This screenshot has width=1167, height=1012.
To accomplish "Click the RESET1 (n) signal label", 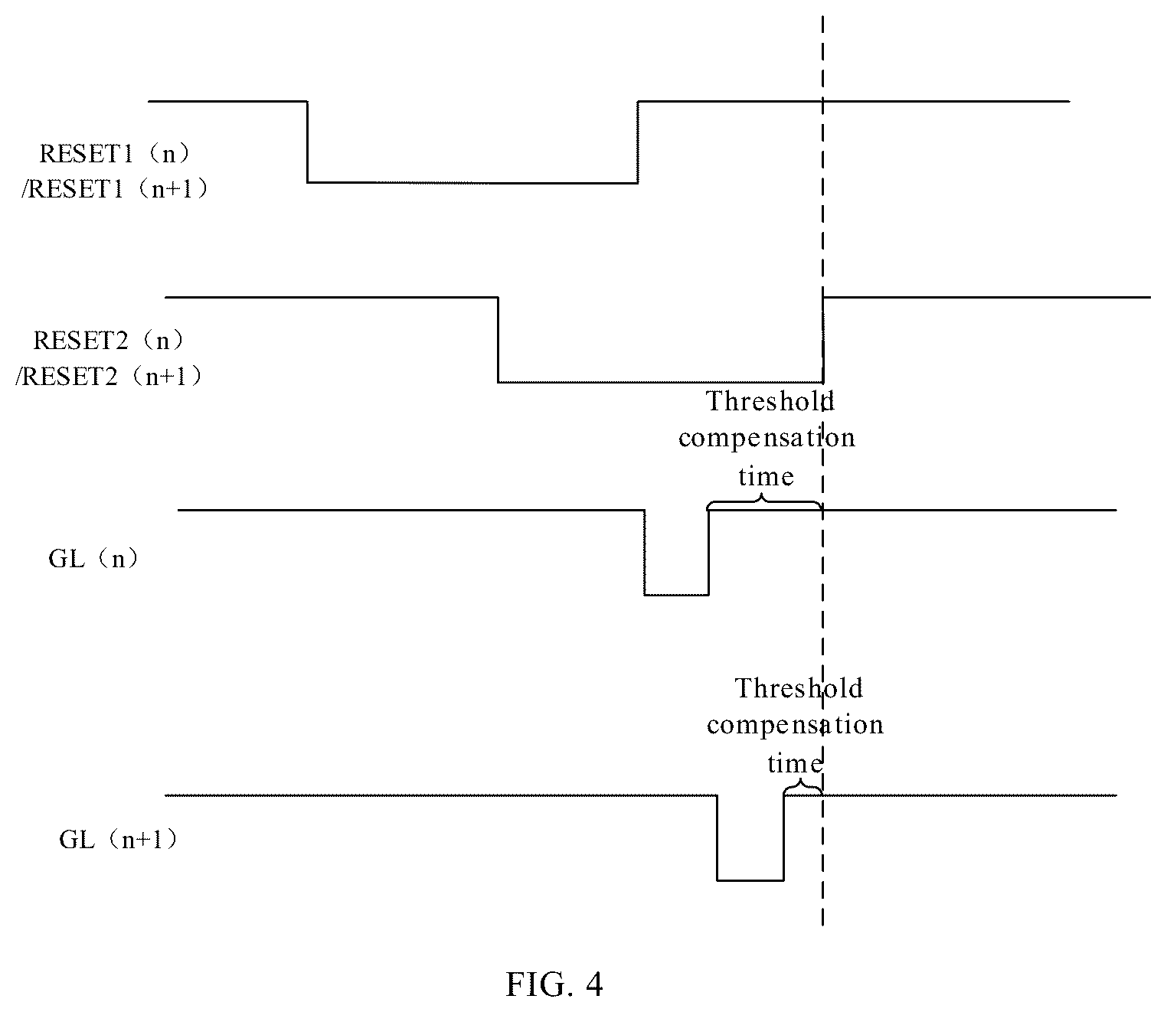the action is pyautogui.click(x=114, y=154).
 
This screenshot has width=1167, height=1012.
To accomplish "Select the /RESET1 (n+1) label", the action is pyautogui.click(x=114, y=189).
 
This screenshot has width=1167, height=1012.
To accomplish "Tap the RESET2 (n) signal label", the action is pyautogui.click(x=109, y=341).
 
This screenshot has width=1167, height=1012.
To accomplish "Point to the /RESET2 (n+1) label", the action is pyautogui.click(x=109, y=377).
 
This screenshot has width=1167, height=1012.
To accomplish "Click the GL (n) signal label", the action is pyautogui.click(x=93, y=559).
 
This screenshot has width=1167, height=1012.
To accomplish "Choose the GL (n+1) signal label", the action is pyautogui.click(x=118, y=839).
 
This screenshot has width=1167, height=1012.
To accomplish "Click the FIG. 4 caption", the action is pyautogui.click(x=554, y=984).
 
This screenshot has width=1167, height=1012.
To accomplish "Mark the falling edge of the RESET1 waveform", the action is pyautogui.click(x=307, y=142).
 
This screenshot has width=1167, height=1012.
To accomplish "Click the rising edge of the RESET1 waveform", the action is pyautogui.click(x=638, y=142).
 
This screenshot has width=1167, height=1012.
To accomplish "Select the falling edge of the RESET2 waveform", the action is pyautogui.click(x=498, y=340).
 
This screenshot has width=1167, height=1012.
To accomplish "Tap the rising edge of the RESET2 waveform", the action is pyautogui.click(x=823, y=340).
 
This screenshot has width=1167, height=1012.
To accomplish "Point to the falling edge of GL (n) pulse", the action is pyautogui.click(x=645, y=553).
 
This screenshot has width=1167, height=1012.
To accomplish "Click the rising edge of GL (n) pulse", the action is pyautogui.click(x=709, y=553).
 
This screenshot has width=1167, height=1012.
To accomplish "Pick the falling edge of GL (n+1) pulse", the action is pyautogui.click(x=717, y=838).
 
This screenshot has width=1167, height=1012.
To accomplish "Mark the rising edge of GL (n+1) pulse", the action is pyautogui.click(x=783, y=838).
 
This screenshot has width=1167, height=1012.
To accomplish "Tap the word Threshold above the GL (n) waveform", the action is pyautogui.click(x=770, y=401).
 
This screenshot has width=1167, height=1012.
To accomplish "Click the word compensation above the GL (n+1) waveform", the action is pyautogui.click(x=795, y=725).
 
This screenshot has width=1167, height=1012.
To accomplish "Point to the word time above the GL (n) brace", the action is pyautogui.click(x=766, y=476).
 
